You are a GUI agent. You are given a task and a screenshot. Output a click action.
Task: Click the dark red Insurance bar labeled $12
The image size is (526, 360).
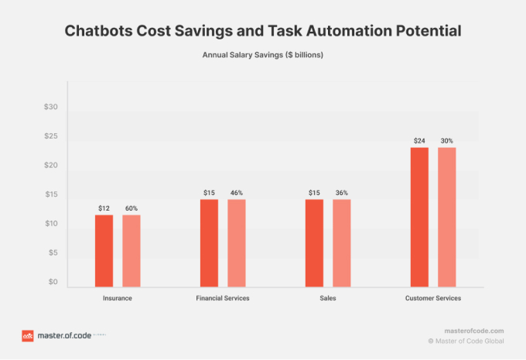coord(104,250)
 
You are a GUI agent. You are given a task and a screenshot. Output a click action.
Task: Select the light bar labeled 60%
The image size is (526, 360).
coord(131,250)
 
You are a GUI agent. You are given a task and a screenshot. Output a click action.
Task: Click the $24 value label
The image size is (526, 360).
coord(419,141)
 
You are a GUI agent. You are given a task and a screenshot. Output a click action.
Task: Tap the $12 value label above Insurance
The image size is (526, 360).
coord(104,208)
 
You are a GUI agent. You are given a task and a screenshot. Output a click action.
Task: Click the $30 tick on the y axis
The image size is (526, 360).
coord(51,107)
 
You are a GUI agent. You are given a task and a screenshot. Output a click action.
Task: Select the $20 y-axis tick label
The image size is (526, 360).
coord(51,166)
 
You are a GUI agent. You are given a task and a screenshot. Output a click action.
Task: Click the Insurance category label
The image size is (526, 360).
coord(118,298)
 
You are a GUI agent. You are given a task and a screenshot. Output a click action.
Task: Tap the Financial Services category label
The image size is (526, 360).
coord(223,298)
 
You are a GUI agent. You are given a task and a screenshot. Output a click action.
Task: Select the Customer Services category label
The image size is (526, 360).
coord(433,298)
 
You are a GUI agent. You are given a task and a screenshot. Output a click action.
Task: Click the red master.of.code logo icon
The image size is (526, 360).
coord(27,336)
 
